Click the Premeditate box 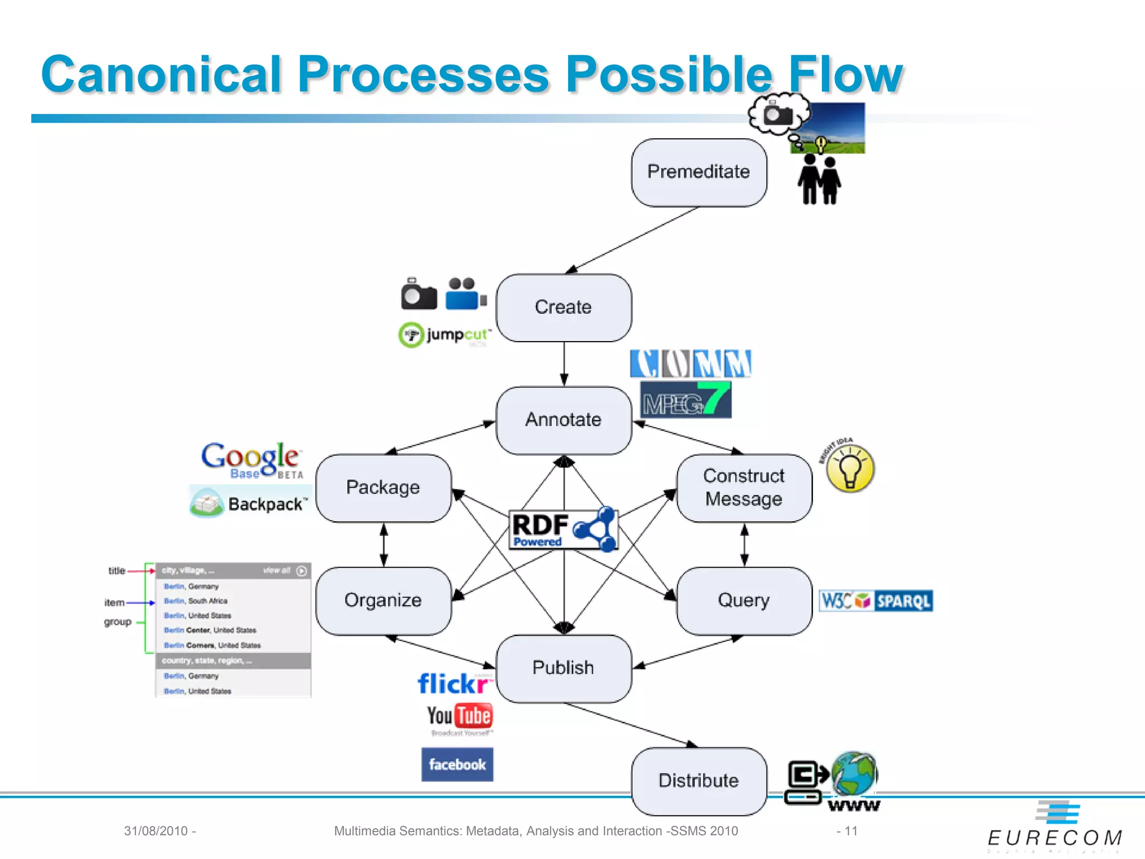[698, 172]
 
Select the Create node [564, 308]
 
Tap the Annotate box [564, 420]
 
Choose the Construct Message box [744, 488]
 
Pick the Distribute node [698, 781]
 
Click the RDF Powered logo [563, 529]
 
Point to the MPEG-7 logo [685, 399]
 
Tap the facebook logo [457, 764]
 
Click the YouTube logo [460, 716]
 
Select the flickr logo [454, 683]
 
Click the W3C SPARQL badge [876, 601]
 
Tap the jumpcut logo [445, 335]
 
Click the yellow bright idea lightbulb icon [850, 469]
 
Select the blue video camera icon [465, 294]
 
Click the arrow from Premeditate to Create [632, 240]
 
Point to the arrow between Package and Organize [384, 545]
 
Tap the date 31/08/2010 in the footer [156, 831]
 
